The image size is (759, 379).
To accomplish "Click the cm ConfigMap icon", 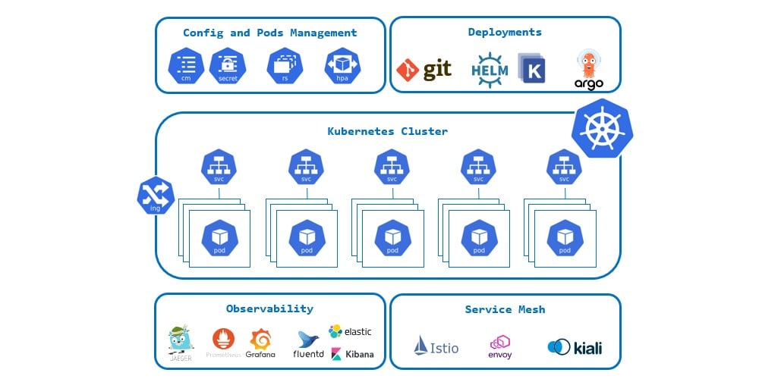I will pyautogui.click(x=187, y=66).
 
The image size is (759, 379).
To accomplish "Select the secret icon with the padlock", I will pyautogui.click(x=228, y=66).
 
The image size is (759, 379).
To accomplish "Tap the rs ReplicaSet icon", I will pyautogui.click(x=285, y=66).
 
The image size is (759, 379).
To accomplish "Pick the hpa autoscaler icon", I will pyautogui.click(x=342, y=66).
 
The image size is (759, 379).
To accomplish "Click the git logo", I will pyautogui.click(x=424, y=70).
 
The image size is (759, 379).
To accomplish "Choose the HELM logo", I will pyautogui.click(x=490, y=69).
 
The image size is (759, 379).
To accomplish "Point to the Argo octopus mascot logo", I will pyautogui.click(x=588, y=70).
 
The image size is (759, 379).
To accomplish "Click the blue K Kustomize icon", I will pyautogui.click(x=532, y=69).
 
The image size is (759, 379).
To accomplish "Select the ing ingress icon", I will pyautogui.click(x=156, y=196).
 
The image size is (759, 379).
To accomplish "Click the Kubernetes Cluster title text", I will pyautogui.click(x=387, y=131).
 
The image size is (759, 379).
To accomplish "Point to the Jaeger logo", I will pyautogui.click(x=181, y=343).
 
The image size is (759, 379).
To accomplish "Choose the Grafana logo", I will pyautogui.click(x=260, y=343).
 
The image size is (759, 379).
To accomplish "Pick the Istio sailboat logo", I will pyautogui.click(x=436, y=346).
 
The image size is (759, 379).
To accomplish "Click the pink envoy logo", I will pyautogui.click(x=499, y=346).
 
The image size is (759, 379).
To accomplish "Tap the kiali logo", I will pyautogui.click(x=575, y=348).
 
